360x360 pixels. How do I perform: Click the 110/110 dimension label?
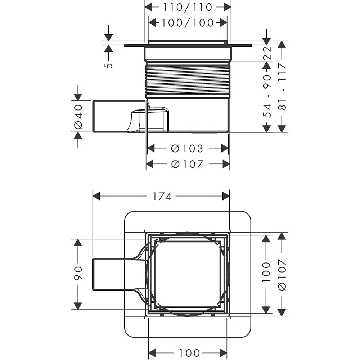[188, 7]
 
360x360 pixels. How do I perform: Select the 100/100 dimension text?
[188, 23]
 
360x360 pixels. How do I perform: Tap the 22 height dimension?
[266, 53]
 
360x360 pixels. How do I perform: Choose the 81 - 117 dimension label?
[282, 86]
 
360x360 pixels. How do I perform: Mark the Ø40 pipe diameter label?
[78, 116]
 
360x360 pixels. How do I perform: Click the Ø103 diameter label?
[188, 148]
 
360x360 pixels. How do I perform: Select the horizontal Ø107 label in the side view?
[188, 164]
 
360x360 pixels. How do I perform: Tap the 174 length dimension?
[161, 196]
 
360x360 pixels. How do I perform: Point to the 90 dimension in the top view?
[78, 274]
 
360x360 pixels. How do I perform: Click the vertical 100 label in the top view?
[266, 272]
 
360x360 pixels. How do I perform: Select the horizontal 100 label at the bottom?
[188, 352]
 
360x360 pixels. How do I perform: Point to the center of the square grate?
[187, 274]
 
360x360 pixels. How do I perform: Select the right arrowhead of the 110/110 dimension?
[227, 7]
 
